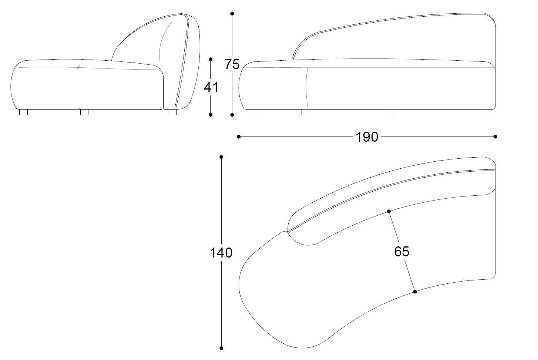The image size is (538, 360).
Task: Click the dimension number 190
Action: pos(367,137)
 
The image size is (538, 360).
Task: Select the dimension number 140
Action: pos(221,253)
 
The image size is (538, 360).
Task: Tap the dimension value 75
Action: pos(232,64)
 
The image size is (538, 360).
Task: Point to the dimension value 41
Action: pos(211,87)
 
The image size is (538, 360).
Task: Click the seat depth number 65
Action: pos(401,252)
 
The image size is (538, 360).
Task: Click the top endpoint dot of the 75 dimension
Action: pos(232,14)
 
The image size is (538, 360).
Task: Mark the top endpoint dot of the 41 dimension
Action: pos(211,59)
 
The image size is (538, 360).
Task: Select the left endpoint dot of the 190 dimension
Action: pos(239,137)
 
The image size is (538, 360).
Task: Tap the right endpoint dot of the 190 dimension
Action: pos(495,137)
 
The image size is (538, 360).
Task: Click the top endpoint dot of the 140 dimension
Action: pos(221,157)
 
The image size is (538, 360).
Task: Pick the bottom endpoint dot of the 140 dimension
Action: pos(221,348)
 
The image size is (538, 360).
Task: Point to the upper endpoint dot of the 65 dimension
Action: pos(389,211)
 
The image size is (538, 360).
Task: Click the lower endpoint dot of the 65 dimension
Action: pos(415,292)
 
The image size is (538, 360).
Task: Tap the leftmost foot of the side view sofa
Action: pos(24,112)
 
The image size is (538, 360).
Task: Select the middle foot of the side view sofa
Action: pos(84,112)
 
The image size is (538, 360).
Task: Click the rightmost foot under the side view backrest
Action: pos(172,112)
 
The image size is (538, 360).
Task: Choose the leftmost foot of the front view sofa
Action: pos(251,112)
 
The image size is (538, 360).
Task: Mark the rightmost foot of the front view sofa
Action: pos(486,112)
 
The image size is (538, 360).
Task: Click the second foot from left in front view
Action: pos(306,112)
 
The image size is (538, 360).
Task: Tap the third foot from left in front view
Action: pos(389,112)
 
